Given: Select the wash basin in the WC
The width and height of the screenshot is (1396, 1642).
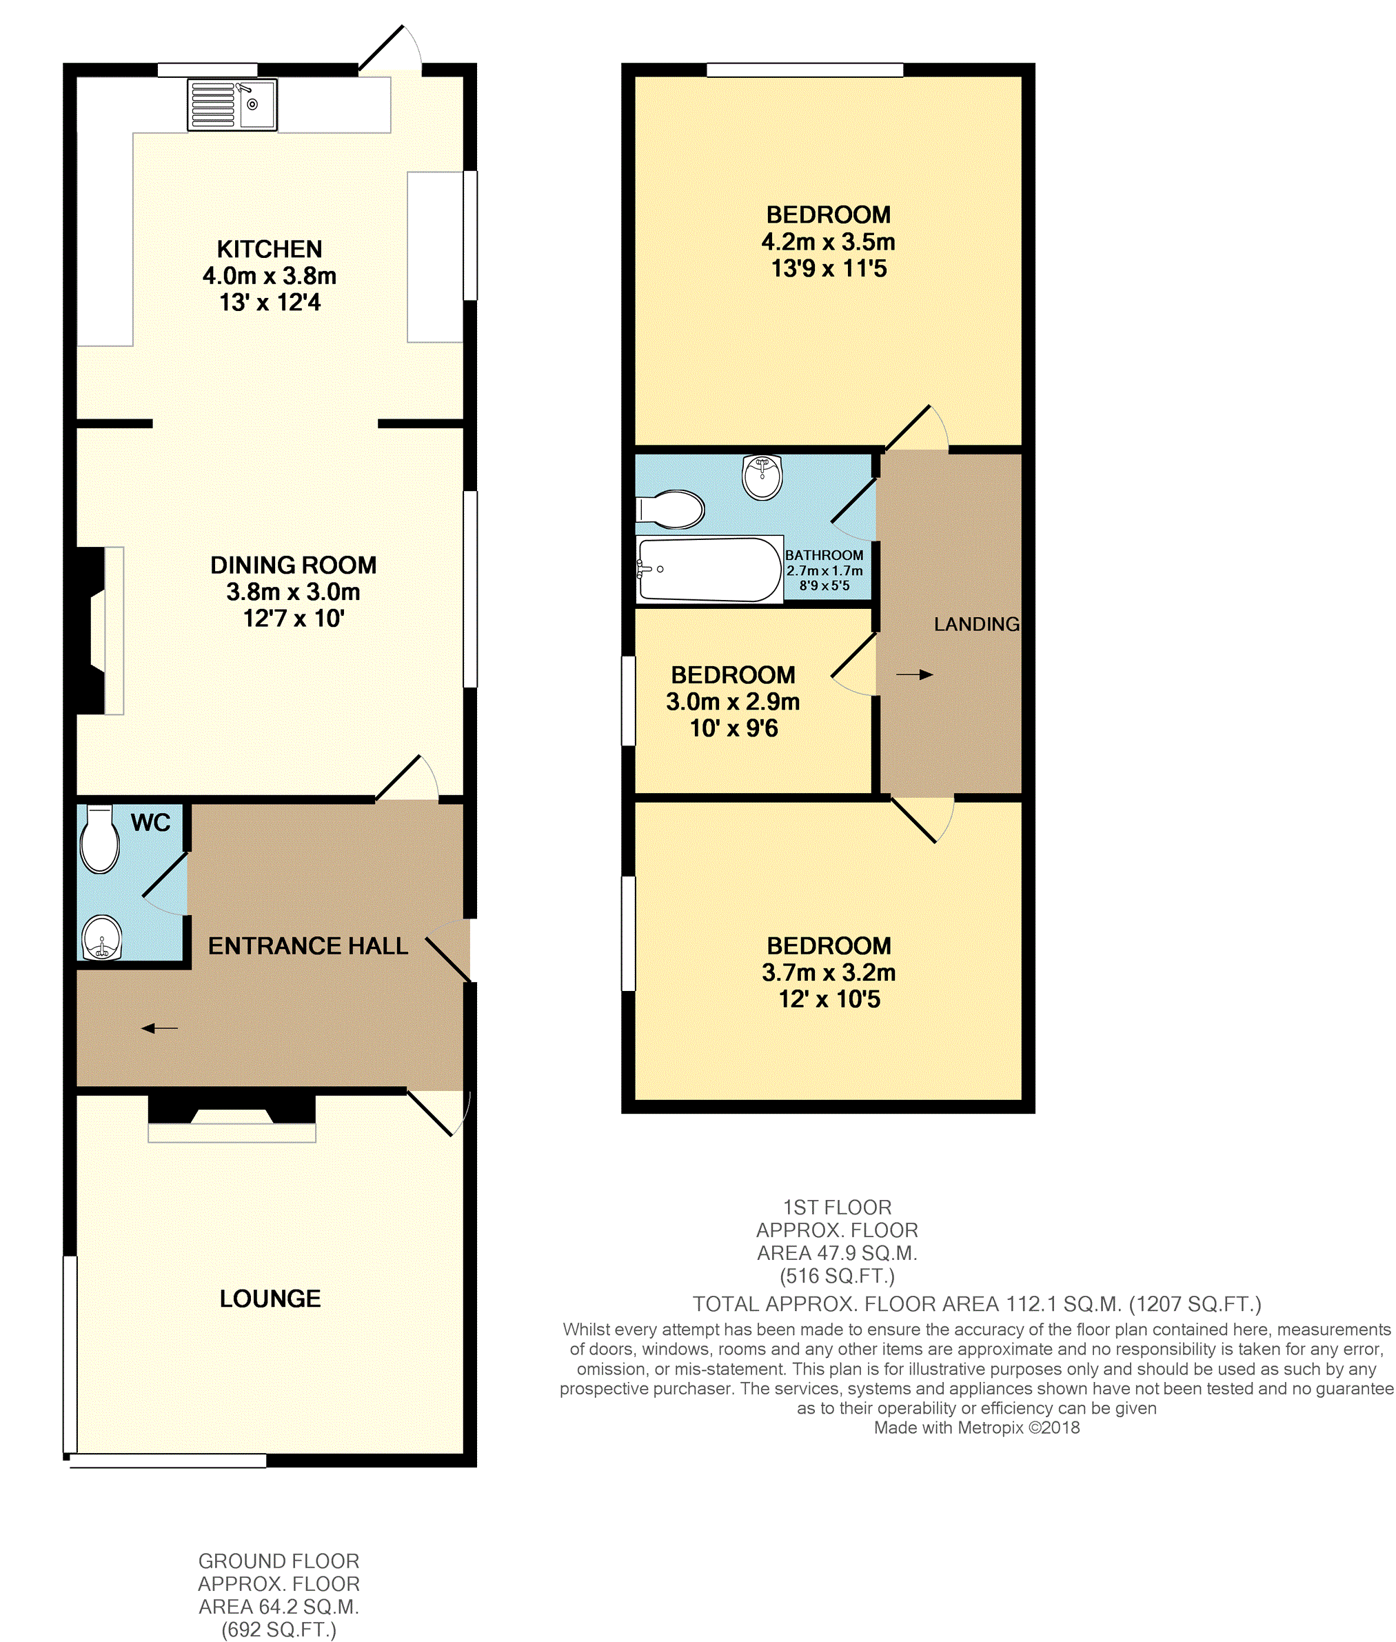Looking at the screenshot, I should coord(102,937).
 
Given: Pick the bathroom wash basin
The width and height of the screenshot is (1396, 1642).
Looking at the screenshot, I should coord(762,477).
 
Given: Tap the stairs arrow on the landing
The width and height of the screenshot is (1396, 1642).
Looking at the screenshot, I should coord(915,674).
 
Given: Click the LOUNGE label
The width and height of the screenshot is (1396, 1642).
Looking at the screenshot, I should coord(270,1299).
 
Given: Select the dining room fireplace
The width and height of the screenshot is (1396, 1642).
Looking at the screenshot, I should coord(99,630).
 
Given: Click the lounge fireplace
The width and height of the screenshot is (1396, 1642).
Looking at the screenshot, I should coord(232,1117).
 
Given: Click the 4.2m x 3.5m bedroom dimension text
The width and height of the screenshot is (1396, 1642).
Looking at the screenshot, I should coord(829,241).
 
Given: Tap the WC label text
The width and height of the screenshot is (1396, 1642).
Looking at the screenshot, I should coord(150,823).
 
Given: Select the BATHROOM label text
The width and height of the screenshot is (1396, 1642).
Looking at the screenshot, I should coord(824,555).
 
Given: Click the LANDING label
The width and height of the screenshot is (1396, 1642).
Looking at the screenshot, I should coord(975,624).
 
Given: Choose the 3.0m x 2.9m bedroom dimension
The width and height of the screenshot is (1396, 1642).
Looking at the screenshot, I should coord(733,701).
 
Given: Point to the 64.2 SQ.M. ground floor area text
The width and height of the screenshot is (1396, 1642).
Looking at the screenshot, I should coord(279,1606).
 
